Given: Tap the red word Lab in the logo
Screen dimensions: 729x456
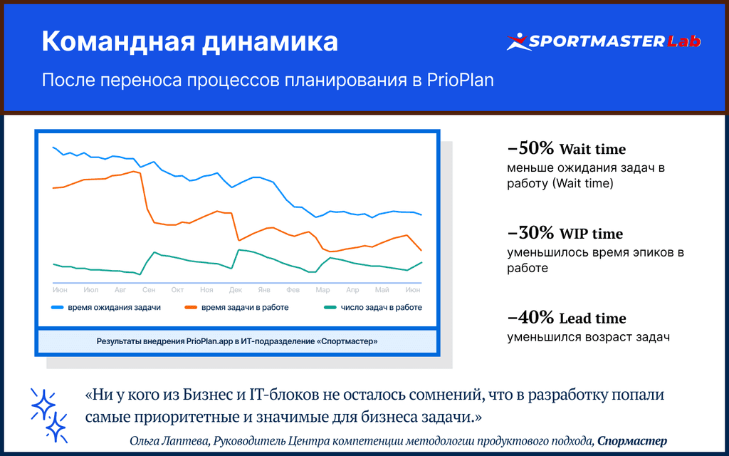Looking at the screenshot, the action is (683, 41).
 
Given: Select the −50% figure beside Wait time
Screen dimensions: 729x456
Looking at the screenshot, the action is (530, 148).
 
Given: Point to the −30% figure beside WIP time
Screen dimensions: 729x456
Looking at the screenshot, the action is (530, 233).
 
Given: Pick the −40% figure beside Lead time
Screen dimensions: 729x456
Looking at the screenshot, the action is (530, 317).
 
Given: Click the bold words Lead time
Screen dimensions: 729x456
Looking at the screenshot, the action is (593, 318).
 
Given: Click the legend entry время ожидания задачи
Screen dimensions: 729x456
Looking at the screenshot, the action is (106, 308).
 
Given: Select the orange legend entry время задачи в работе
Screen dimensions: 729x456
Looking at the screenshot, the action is (236, 308).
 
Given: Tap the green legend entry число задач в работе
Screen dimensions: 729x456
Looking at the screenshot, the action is (373, 308).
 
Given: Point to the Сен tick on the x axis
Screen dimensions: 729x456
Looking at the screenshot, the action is (149, 290).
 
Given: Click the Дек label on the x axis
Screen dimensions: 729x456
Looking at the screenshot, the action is (236, 290).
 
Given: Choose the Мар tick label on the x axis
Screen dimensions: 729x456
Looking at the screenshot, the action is (322, 290).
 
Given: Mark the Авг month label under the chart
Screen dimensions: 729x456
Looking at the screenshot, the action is (120, 290).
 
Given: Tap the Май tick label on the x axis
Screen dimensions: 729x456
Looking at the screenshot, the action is (382, 290).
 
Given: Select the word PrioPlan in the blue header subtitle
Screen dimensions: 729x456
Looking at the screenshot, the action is (461, 81).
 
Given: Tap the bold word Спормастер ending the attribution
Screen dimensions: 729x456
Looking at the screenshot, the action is (632, 441).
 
